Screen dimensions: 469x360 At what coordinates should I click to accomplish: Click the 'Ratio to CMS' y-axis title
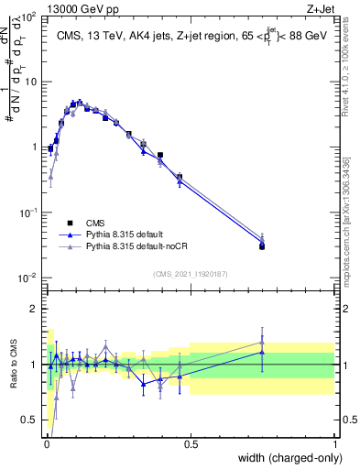click(x=14, y=364)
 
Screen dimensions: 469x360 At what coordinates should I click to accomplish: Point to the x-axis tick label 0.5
click(x=191, y=443)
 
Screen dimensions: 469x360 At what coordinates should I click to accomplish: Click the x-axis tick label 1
click(x=335, y=443)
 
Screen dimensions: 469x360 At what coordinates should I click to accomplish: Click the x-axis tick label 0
click(x=47, y=443)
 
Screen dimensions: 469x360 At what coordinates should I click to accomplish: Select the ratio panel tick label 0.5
click(x=28, y=420)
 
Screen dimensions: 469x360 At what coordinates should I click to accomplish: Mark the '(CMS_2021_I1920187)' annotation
click(x=190, y=273)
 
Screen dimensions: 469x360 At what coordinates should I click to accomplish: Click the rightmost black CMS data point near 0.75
click(x=262, y=246)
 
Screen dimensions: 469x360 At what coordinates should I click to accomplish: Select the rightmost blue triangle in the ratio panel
click(x=262, y=352)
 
